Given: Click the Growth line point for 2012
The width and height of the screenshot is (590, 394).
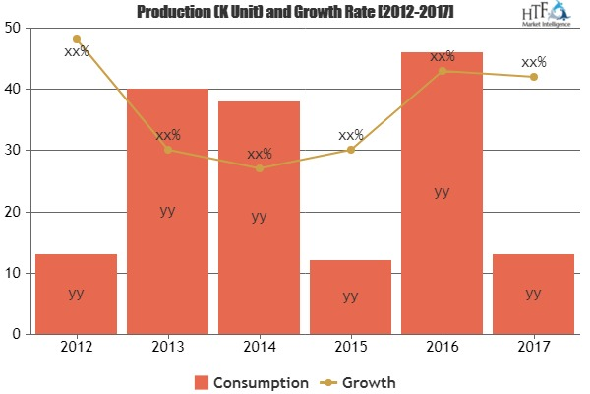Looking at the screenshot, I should click(76, 39).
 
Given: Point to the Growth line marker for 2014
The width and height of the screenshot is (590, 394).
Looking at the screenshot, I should click(259, 168).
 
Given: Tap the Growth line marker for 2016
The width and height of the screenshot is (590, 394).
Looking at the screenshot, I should click(442, 70).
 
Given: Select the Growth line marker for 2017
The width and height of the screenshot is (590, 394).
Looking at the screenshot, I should click(533, 76).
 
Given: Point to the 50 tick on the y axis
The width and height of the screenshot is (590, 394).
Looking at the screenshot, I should click(13, 28).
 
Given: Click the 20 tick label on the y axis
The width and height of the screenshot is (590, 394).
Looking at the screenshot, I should click(13, 212).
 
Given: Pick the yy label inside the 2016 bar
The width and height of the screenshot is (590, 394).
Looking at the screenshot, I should click(442, 191).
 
